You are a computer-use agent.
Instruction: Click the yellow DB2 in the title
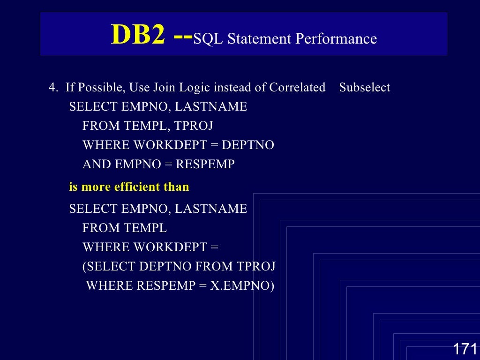click(x=138, y=36)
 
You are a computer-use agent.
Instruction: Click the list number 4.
click(x=52, y=88)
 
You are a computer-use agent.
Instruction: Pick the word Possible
click(x=102, y=88)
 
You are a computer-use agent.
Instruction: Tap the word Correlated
click(x=297, y=88)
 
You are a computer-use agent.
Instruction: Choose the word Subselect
click(x=365, y=88)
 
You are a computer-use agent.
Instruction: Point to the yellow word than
click(x=176, y=187)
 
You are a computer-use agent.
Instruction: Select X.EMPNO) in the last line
click(x=242, y=285)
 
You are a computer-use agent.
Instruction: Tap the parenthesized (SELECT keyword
click(x=109, y=267)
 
